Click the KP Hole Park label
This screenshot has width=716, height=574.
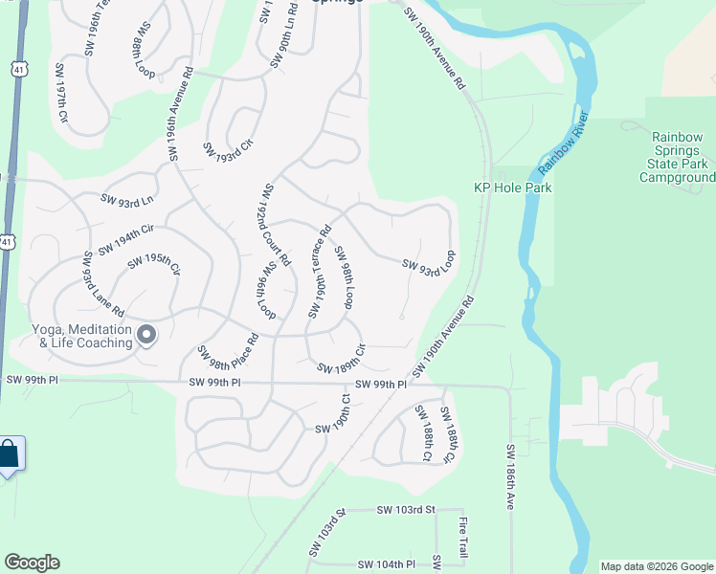pos(512,188)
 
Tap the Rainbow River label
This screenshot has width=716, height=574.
pos(563,144)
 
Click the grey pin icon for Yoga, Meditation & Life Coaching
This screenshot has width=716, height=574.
pos(146,335)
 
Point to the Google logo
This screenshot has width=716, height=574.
pos(32,563)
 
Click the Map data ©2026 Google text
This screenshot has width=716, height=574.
pos(656,566)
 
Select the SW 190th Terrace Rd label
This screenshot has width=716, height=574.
pos(320,272)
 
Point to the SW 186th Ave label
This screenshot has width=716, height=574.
pos(509,476)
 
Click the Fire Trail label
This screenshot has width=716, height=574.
pos(462,540)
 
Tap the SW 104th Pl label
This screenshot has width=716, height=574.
pos(386,564)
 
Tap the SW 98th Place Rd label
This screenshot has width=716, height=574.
pos(228,350)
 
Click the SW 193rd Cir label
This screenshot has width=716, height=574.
pos(227,149)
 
